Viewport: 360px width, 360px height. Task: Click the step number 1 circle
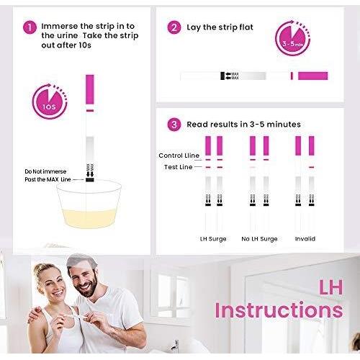tap(30, 27)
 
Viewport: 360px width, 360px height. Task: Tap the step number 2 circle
tap(174, 27)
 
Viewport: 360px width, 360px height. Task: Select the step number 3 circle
tap(174, 125)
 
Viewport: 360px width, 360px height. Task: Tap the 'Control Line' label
tap(179, 156)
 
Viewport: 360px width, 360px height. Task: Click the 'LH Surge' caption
tap(213, 238)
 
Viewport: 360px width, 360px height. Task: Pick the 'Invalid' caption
tap(305, 238)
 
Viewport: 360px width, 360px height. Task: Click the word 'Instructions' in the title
tap(278, 310)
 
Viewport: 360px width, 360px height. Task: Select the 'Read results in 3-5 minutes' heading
tap(244, 125)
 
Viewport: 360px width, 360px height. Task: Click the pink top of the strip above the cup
tap(90, 90)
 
